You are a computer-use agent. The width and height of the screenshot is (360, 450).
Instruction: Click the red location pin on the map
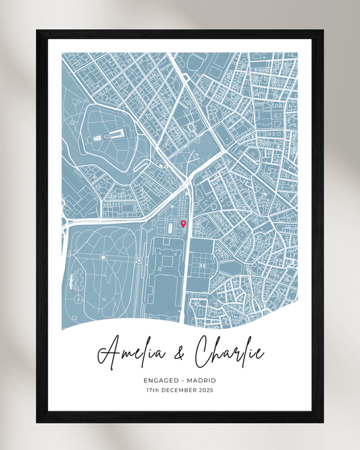[x=183, y=224]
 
